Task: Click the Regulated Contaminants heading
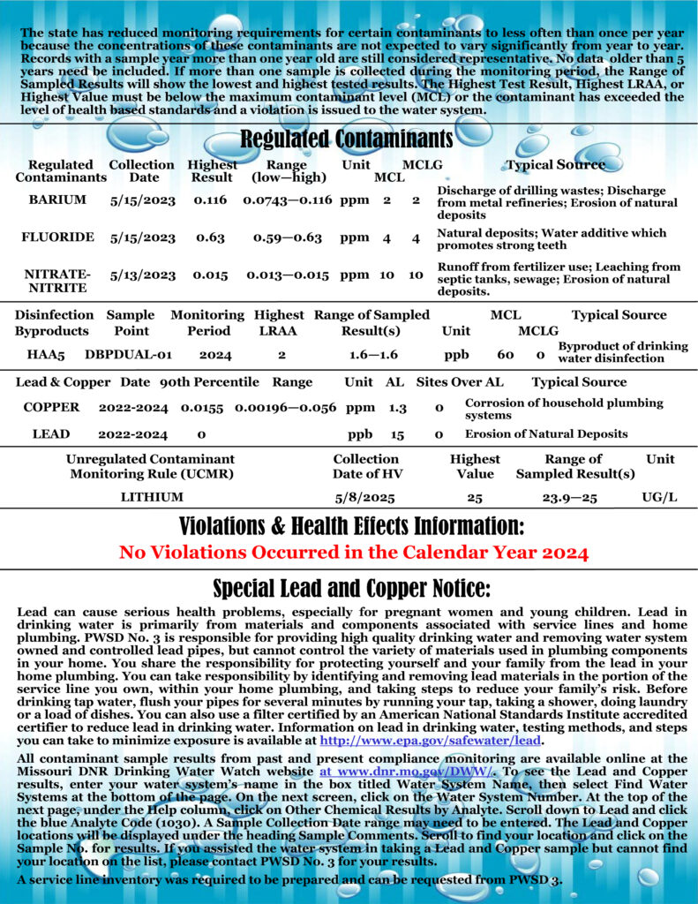(347, 139)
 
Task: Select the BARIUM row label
(57, 200)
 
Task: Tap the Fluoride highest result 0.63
(210, 237)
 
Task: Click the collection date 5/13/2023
(143, 275)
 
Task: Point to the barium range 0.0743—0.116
(287, 200)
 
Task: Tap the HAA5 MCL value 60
(505, 354)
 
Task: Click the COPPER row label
(51, 407)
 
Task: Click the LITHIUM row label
(152, 497)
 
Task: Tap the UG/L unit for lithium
(659, 497)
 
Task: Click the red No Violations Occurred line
(353, 554)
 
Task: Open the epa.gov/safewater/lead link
(431, 740)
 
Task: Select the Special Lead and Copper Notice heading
(351, 589)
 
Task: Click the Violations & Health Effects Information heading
(351, 527)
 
